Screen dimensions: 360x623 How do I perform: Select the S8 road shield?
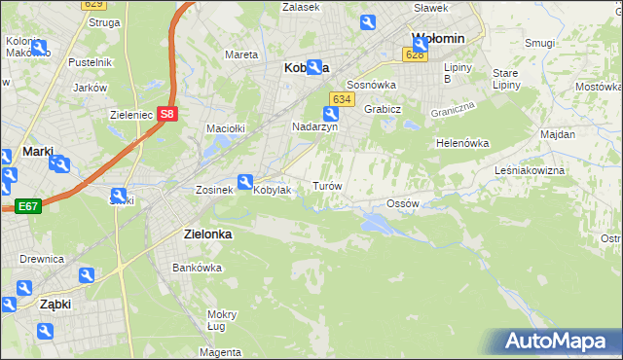(x=168, y=114)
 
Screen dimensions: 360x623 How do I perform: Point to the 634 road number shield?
(x=341, y=99)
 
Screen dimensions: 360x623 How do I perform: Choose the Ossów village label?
(x=402, y=203)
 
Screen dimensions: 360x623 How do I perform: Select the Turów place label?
(x=325, y=185)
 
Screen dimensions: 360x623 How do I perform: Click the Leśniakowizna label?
(x=557, y=170)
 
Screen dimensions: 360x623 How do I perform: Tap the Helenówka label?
(x=461, y=143)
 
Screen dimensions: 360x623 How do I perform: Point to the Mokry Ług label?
(x=221, y=320)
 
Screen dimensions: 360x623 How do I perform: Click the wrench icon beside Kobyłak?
(x=245, y=181)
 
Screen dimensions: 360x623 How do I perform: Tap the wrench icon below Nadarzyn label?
(x=330, y=115)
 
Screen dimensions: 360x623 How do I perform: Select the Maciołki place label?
(x=224, y=127)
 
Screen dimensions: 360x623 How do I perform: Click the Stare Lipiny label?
(x=504, y=80)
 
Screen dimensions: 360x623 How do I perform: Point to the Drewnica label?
(x=42, y=259)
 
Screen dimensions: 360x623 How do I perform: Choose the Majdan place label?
(x=558, y=133)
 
